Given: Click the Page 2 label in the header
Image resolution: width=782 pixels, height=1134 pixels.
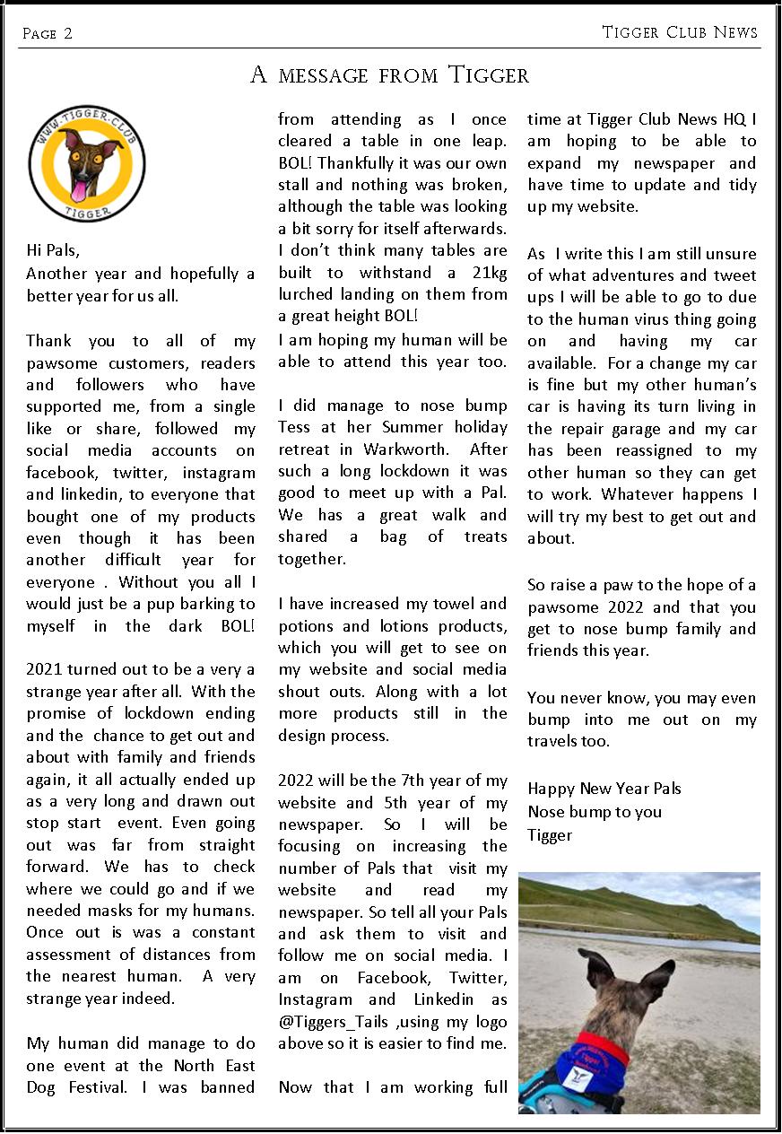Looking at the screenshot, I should [47, 34].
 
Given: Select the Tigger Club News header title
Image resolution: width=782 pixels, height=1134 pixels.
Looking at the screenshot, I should [680, 32].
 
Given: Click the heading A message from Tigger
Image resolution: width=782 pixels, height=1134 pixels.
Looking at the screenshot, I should [390, 75].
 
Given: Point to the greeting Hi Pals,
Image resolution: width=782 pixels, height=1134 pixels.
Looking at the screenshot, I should [59, 252].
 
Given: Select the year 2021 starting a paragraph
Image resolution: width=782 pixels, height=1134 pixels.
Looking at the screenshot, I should [45, 669].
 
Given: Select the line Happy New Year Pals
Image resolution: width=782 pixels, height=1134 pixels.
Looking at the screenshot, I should [604, 789].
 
